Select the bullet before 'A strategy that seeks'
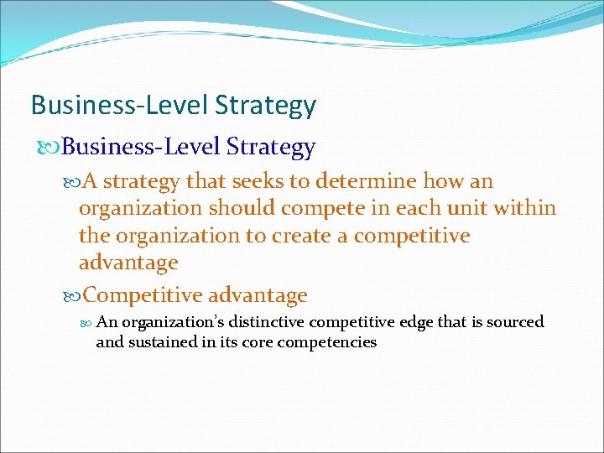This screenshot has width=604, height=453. [x=71, y=181]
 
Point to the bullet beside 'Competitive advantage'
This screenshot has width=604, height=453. [x=71, y=296]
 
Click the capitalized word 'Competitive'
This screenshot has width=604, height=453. [x=143, y=296]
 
